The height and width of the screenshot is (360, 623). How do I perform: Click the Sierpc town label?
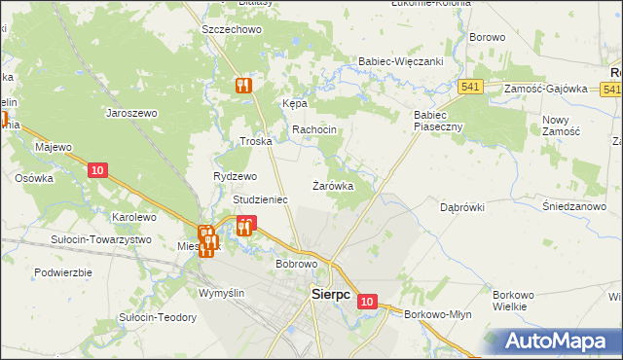[x=330, y=293]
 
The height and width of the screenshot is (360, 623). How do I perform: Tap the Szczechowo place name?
[x=233, y=30]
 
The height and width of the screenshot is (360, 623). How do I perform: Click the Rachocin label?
[x=314, y=130]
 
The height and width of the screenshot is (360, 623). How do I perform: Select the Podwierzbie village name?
[x=63, y=272]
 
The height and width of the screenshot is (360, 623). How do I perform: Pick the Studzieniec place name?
[x=260, y=199]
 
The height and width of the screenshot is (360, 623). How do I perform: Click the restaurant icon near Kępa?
[x=242, y=85]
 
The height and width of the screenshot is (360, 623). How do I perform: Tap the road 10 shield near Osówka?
[x=95, y=170]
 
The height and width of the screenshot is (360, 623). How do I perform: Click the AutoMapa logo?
[x=559, y=342]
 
